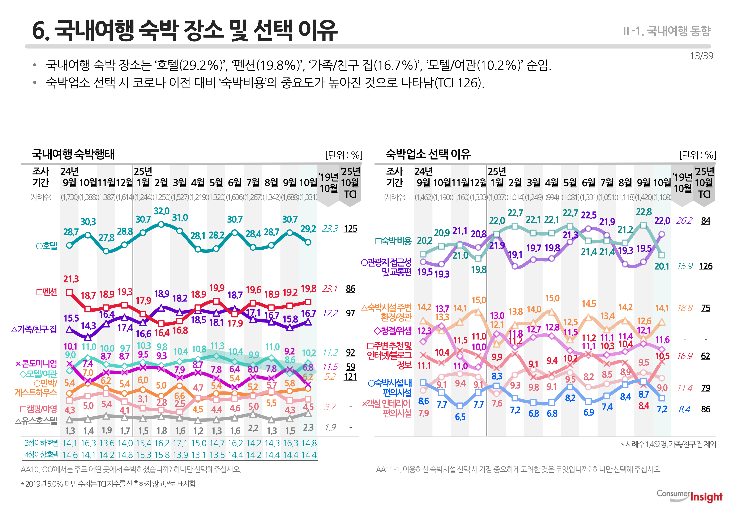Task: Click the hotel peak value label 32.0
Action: coord(162,211)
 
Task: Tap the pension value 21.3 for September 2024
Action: coord(71,279)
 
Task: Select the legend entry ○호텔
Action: coord(47,246)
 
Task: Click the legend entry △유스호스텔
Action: coord(36,421)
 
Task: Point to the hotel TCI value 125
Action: coord(350,229)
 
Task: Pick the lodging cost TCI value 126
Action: coord(705,266)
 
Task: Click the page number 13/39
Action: coord(701,56)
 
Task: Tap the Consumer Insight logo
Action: coord(689,496)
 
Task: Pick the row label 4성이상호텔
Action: coord(42,455)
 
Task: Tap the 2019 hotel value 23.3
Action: coord(330,229)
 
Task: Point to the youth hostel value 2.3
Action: coord(308,427)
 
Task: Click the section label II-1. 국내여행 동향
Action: coord(667,31)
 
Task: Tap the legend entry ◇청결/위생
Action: coord(393,331)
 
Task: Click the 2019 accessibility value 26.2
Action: coord(684,221)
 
